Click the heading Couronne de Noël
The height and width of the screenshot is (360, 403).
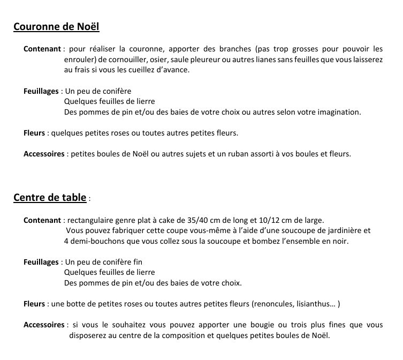(56, 27)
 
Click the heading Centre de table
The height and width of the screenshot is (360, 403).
(50, 197)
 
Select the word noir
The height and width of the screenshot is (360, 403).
(340, 241)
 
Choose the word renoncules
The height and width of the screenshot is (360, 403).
(272, 304)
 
